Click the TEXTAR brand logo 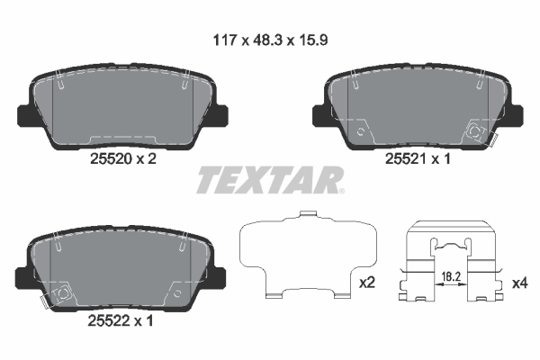pos(269,180)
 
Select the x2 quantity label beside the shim pos(367,283)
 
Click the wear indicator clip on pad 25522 pos(61,294)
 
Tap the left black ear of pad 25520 pos(25,115)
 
